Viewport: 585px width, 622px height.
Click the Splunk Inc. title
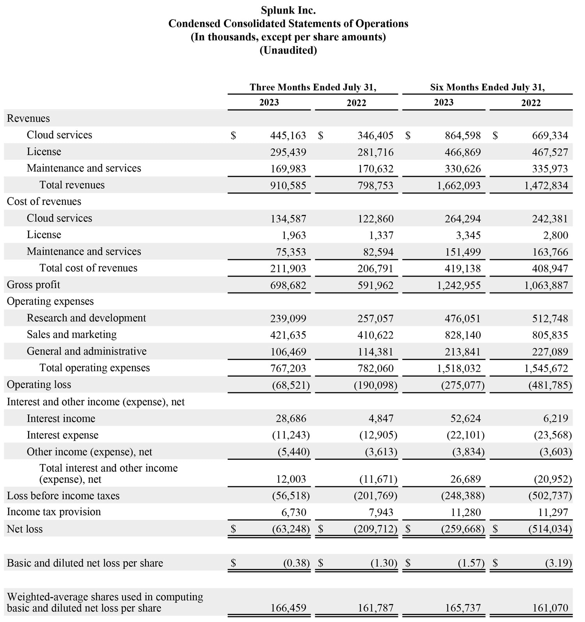(x=288, y=10)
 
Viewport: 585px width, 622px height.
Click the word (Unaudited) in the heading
(x=288, y=50)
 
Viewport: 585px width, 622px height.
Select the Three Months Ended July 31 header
(x=313, y=87)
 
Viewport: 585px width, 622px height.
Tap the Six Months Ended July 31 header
(x=487, y=87)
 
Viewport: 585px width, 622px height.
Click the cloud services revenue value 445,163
(x=288, y=136)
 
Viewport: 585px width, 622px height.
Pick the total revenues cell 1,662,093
(x=459, y=186)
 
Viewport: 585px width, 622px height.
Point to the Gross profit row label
(x=34, y=285)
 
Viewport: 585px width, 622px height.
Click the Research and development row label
(x=86, y=318)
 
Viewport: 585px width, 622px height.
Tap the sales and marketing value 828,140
(x=463, y=335)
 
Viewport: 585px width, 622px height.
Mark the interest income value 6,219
(x=555, y=419)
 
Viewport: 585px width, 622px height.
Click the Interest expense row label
(x=62, y=435)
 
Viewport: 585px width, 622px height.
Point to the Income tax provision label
(x=54, y=512)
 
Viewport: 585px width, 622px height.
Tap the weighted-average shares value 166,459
(x=288, y=608)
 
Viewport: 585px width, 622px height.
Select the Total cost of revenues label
(x=88, y=268)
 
